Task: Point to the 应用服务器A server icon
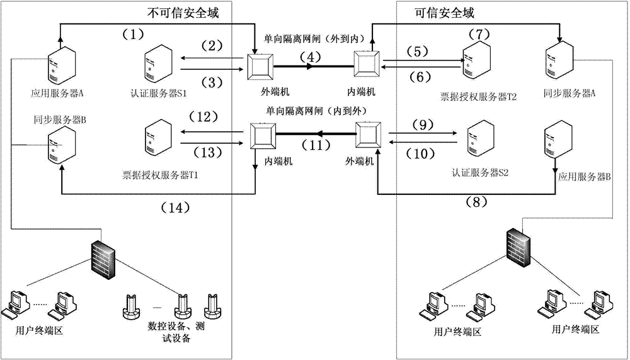point(62,66)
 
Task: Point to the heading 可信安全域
point(444,12)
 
